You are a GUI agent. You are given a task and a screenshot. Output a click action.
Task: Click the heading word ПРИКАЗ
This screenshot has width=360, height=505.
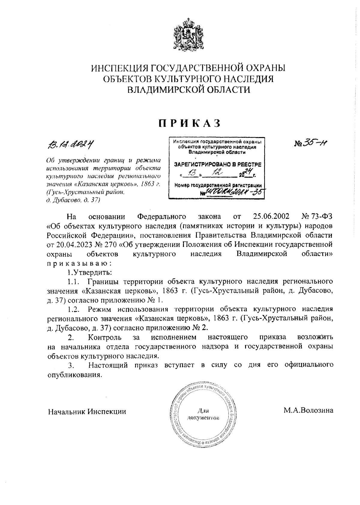pyautogui.click(x=189, y=123)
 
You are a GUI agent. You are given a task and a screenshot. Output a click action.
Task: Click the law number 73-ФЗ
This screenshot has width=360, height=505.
pyautogui.click(x=317, y=216)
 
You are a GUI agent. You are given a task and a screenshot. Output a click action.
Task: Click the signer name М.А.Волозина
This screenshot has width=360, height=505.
pyautogui.click(x=308, y=410)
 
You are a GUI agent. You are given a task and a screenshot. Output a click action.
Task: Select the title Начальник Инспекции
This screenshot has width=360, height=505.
pyautogui.click(x=87, y=411)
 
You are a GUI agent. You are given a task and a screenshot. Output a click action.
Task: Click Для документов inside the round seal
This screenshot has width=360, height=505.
pyautogui.click(x=203, y=414)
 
